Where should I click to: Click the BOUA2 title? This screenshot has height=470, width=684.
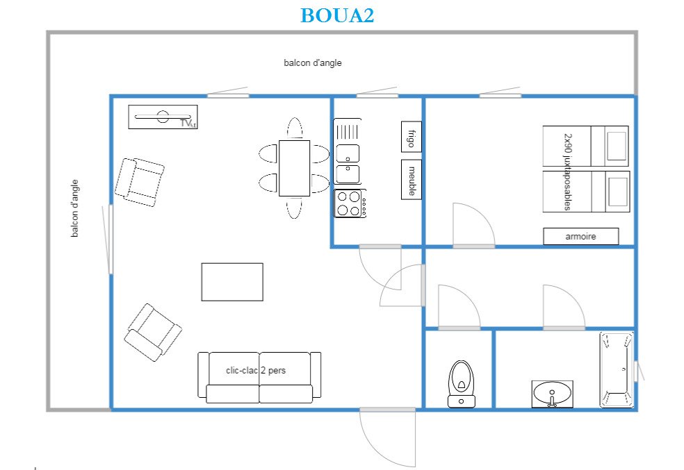pyautogui.click(x=337, y=15)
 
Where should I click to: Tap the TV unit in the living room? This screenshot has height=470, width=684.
pyautogui.click(x=163, y=117)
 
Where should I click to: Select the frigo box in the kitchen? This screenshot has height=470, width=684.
pyautogui.click(x=412, y=137)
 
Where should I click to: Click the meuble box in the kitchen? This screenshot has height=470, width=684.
pyautogui.click(x=412, y=180)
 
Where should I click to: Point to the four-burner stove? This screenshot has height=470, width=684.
pyautogui.click(x=350, y=203)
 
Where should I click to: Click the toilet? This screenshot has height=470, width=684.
pyautogui.click(x=461, y=384)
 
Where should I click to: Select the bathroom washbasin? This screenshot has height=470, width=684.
pyautogui.click(x=552, y=394)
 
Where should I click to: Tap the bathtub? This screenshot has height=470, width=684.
pyautogui.click(x=617, y=370)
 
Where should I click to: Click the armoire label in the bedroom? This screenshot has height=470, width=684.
pyautogui.click(x=580, y=236)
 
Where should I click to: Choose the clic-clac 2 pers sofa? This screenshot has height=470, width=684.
pyautogui.click(x=259, y=378)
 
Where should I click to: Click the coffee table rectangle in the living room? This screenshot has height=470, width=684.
pyautogui.click(x=232, y=282)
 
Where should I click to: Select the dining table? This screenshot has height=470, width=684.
pyautogui.click(x=295, y=168)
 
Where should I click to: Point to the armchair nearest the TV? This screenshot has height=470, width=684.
pyautogui.click(x=140, y=182)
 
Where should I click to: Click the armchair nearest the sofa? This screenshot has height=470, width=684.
pyautogui.click(x=153, y=333)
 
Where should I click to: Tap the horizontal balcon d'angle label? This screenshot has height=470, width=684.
pyautogui.click(x=312, y=62)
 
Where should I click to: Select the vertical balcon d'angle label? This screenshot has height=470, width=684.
pyautogui.click(x=74, y=208)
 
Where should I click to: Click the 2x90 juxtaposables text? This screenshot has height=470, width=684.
pyautogui.click(x=567, y=171)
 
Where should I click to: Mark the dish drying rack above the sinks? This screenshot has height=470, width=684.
pyautogui.click(x=348, y=131)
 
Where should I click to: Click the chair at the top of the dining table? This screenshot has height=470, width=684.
pyautogui.click(x=295, y=128)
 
